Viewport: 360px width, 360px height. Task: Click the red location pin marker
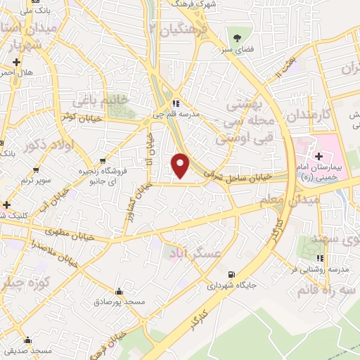[x=181, y=165]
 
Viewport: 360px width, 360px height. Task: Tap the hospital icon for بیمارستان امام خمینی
[x=319, y=155]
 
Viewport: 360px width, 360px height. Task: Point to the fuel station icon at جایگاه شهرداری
[x=232, y=275]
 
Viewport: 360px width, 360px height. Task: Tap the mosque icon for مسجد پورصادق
[x=119, y=291]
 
